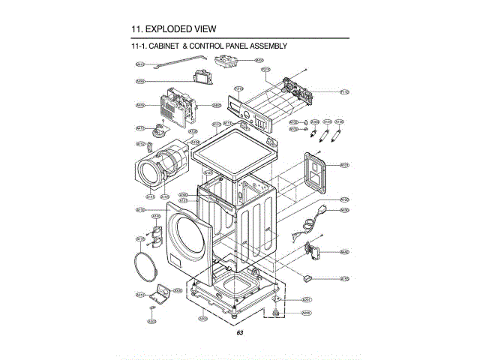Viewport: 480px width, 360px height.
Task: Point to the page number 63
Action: (239, 332)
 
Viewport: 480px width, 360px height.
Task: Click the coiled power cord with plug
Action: (310, 220)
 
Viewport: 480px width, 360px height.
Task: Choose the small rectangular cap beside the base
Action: (306, 278)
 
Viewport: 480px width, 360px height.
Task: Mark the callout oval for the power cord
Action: (344, 210)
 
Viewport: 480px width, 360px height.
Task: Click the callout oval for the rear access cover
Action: (344, 164)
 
